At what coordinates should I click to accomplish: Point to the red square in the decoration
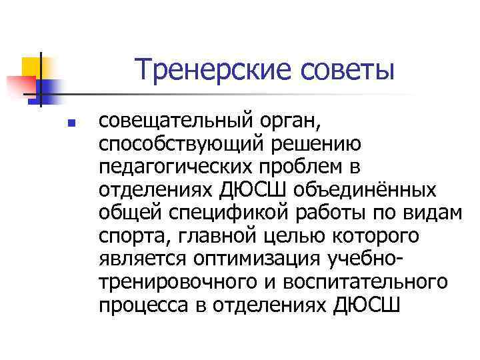pyautogui.click(x=19, y=85)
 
